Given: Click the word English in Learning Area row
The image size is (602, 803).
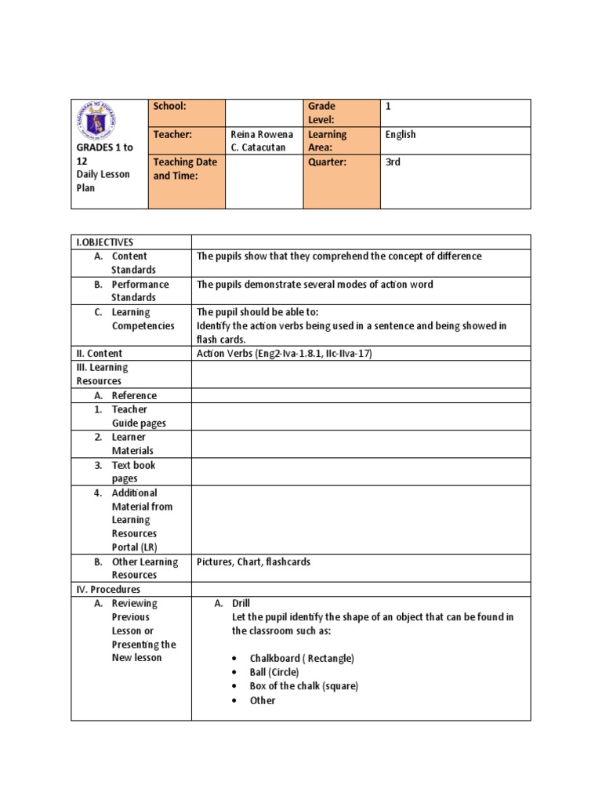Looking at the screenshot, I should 401,134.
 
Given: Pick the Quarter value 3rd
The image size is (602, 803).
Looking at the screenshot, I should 393,162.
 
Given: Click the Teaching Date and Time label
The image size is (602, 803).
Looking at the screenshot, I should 185,169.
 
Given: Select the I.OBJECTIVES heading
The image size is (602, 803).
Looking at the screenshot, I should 105,242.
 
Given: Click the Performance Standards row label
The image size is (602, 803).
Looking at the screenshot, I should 140,291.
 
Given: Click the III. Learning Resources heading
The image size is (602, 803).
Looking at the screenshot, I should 102,374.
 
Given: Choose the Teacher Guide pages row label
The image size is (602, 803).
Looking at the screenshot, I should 138,416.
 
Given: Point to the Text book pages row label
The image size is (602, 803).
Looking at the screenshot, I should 134,471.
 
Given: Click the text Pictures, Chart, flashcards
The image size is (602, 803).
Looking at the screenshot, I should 253,561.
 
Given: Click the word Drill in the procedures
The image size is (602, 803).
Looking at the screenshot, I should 241,603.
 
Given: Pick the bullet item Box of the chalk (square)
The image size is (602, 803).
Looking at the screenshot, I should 303,686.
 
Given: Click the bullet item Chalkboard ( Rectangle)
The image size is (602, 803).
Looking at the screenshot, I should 302,658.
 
